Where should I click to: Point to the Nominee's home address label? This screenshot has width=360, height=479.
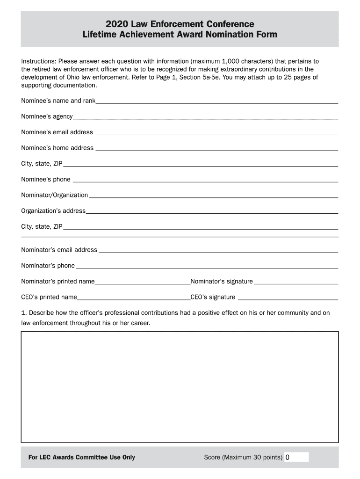coord(57,148)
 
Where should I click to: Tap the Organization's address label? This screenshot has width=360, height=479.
coord(53,210)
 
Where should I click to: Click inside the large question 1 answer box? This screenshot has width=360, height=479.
coord(180,386)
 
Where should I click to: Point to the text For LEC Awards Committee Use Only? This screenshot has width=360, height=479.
coord(79,457)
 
